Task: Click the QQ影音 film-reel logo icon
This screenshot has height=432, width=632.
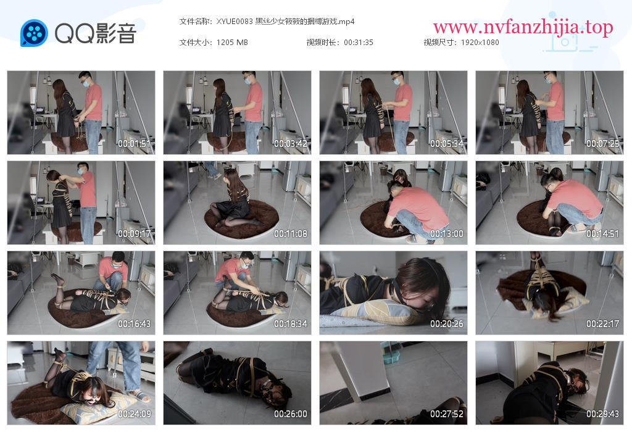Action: pos(34,33)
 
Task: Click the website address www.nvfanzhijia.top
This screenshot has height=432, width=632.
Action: pos(523,27)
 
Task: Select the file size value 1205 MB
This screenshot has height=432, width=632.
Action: pos(232,43)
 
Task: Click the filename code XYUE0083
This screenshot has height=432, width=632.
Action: pos(235,22)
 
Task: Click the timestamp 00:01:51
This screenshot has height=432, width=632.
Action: pos(134,143)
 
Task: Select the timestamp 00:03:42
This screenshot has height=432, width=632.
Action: pos(291,143)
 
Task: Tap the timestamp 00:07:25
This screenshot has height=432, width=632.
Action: pos(602,143)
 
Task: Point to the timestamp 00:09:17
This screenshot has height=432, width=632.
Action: pos(134,234)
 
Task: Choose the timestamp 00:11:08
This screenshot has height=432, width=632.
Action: pos(291,234)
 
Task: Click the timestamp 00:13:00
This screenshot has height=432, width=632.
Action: pos(447,234)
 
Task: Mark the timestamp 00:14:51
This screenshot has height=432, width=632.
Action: pos(602,234)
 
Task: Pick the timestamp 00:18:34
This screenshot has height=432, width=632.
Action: pos(291,324)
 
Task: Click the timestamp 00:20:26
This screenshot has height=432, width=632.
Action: pos(447,324)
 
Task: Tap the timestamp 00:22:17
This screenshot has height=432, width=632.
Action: pos(602,324)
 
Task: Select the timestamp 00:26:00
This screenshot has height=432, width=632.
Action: pos(291,414)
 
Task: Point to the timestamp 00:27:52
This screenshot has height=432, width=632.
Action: pos(447,414)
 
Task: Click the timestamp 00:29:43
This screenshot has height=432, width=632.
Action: pos(602,414)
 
